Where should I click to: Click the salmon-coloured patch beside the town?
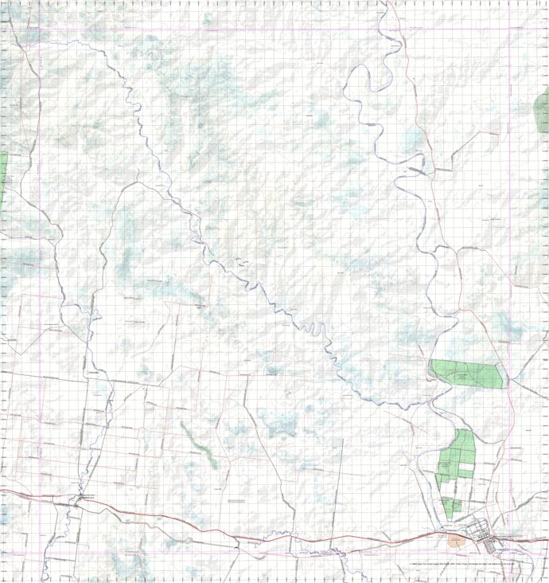pyautogui.click(x=455, y=539)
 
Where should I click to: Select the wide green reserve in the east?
pyautogui.click(x=467, y=373)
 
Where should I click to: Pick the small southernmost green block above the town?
pyautogui.click(x=452, y=505)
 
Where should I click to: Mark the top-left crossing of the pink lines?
pyautogui.click(x=39, y=30)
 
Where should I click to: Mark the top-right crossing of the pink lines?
pyautogui.click(x=510, y=30)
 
